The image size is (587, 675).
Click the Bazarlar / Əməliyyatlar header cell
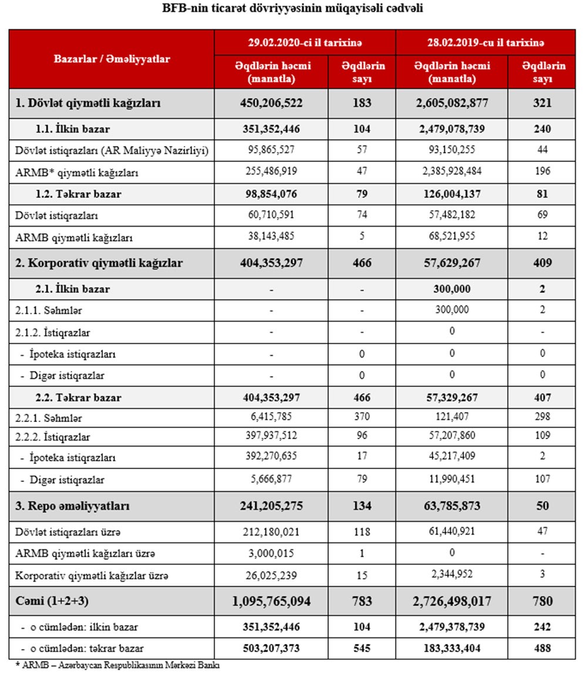(112, 59)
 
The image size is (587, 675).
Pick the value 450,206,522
(271, 103)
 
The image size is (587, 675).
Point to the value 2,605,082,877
(451, 103)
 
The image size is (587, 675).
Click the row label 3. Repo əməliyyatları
(73, 506)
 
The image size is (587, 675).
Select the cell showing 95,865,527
(271, 150)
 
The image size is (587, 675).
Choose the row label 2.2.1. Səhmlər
(49, 419)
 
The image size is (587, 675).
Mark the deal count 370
(363, 418)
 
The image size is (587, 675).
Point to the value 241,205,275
(271, 506)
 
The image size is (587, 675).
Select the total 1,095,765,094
(271, 602)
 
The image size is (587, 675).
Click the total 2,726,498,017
(451, 602)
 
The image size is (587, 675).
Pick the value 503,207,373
(271, 648)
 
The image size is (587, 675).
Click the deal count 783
(363, 602)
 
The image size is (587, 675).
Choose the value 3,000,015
(271, 553)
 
